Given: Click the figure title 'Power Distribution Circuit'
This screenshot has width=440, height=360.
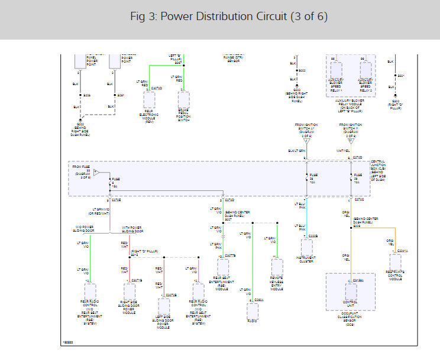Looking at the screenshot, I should (x=229, y=17).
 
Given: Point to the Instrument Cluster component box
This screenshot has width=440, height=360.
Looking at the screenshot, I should (x=306, y=247).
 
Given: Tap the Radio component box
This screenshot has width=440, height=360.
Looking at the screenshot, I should (x=253, y=310).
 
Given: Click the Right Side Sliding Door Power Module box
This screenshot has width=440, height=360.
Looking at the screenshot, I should (x=130, y=292).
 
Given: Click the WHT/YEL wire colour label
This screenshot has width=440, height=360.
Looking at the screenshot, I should (x=344, y=151).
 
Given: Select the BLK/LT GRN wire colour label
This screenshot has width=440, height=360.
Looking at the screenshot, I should (x=297, y=151).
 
